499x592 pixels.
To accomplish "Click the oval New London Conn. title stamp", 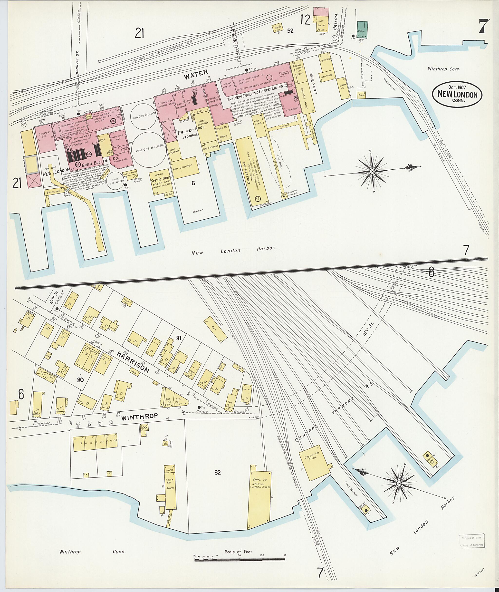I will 457,95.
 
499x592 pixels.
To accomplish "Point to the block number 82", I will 217,472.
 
